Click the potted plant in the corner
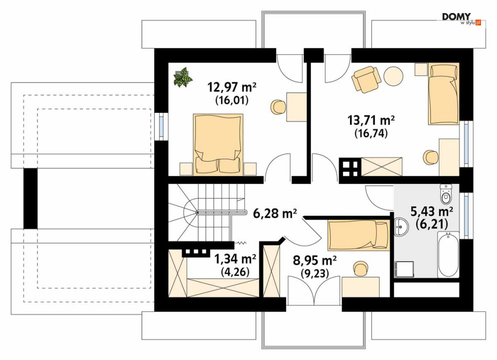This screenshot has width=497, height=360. point(183,77)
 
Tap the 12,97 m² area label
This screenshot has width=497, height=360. point(232,86)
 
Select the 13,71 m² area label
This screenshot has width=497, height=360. point(371,120)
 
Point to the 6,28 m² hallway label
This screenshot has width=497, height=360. point(275,213)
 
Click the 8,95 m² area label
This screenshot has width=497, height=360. point(315,261)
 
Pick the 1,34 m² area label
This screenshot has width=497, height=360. point(235,259)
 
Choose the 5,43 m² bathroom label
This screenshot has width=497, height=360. point(432,211)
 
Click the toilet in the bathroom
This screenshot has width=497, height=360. point(446,194)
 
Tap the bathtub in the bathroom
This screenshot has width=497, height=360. point(448,255)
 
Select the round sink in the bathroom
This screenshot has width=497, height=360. point(401,227)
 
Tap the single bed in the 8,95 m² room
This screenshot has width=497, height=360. point(359,235)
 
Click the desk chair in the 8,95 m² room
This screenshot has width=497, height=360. point(360,269)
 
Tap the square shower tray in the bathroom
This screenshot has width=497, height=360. point(404,269)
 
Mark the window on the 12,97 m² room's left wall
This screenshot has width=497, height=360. point(161,126)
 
